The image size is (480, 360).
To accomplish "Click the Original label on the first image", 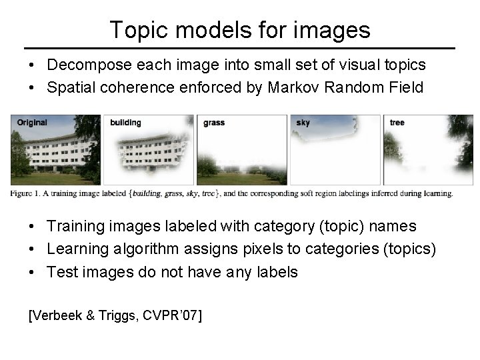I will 32,122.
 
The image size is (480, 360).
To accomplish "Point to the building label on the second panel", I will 125,123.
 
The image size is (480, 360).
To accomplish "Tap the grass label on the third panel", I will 214,123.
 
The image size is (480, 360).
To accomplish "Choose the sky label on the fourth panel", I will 303,123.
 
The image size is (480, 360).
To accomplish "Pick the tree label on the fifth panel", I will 397,123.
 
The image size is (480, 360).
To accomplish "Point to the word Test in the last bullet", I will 62,271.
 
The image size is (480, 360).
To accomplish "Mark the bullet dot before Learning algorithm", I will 32,250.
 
